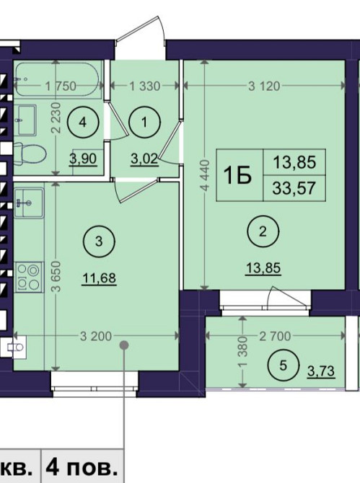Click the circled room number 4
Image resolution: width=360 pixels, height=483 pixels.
82,123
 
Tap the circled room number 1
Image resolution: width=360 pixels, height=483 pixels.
144,123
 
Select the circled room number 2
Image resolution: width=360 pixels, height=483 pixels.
263,231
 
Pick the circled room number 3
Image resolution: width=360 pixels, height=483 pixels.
99,241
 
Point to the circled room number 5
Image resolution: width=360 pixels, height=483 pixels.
284,365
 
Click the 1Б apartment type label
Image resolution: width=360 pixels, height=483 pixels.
237,175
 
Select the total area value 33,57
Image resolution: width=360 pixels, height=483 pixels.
294,188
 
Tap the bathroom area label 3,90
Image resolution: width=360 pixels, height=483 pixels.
83,159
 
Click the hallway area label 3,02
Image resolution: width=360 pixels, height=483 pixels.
144,159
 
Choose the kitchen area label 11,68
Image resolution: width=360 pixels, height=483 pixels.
100,278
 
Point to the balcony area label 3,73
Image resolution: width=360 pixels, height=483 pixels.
321,371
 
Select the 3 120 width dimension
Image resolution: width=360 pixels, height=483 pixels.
265,87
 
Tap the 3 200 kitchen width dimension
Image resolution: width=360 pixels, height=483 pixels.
96,336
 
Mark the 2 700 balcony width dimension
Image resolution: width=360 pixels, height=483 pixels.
275,336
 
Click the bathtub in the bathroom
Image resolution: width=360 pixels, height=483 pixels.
57,79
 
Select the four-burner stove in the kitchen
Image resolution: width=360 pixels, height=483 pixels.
29,277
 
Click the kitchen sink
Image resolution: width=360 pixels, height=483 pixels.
29,203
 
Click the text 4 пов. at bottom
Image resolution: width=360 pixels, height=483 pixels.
82,469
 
